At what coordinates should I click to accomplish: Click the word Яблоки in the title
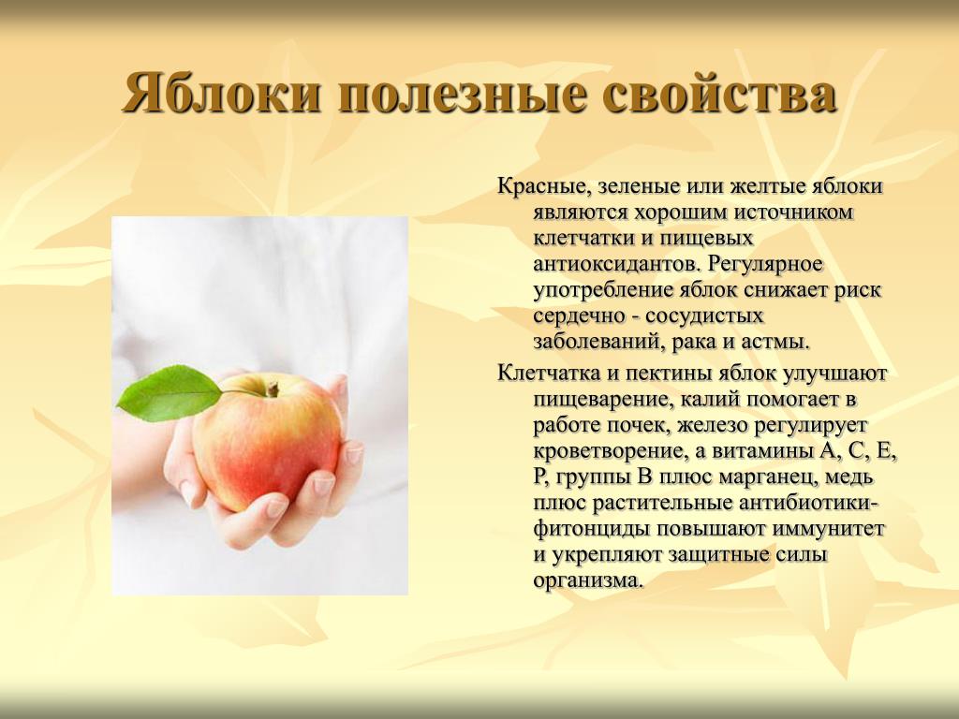pyautogui.click(x=221, y=93)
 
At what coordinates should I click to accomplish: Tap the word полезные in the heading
pyautogui.click(x=461, y=94)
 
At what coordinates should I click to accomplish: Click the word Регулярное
pyautogui.click(x=764, y=264)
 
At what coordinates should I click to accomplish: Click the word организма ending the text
pyautogui.click(x=589, y=580)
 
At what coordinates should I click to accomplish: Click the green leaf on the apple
pyautogui.click(x=170, y=393)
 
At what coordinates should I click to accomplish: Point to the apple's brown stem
pyautogui.click(x=272, y=389)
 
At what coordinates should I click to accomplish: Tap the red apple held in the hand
pyautogui.click(x=267, y=440)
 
